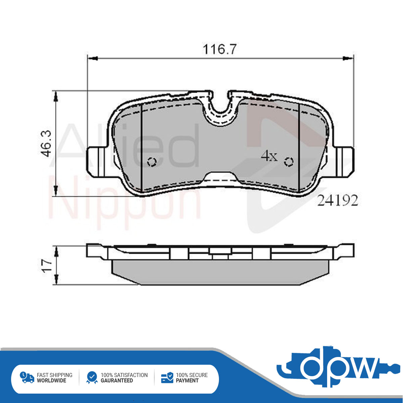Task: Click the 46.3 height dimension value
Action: pyautogui.click(x=46, y=143)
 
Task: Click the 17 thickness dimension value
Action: pyautogui.click(x=46, y=265)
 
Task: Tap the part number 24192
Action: pyautogui.click(x=338, y=201)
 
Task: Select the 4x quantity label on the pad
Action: pyautogui.click(x=269, y=156)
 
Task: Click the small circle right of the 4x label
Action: pyautogui.click(x=288, y=162)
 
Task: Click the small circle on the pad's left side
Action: pyautogui.click(x=152, y=162)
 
